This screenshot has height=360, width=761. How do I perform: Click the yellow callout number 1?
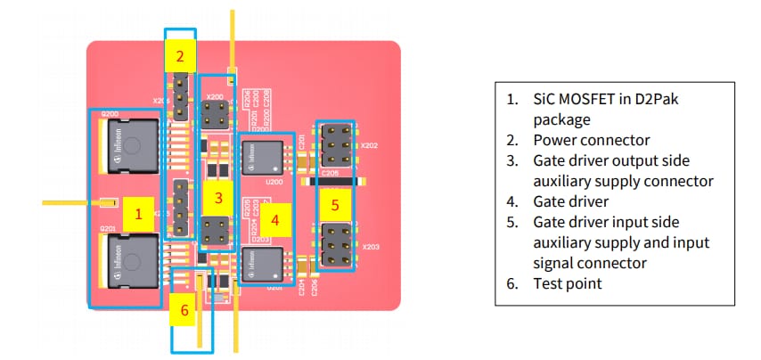pyautogui.click(x=138, y=214)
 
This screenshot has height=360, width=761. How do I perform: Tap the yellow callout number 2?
pyautogui.click(x=181, y=57)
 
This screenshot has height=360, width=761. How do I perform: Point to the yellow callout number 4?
pyautogui.click(x=275, y=219)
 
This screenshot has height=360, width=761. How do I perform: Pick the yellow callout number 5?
pyautogui.click(x=335, y=204)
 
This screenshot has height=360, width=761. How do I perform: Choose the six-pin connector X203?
pyautogui.click(x=334, y=245)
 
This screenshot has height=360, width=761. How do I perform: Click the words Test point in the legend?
pyautogui.click(x=568, y=283)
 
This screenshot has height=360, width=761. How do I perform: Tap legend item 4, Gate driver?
pyautogui.click(x=571, y=201)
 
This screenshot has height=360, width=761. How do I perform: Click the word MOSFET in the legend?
pyautogui.click(x=593, y=99)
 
